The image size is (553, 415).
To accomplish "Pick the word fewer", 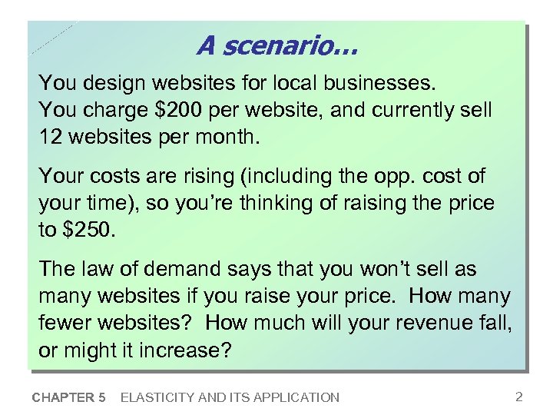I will (x=67, y=322).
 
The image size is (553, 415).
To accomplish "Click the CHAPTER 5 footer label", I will (x=69, y=397).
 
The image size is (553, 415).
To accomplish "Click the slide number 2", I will (x=519, y=397).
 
